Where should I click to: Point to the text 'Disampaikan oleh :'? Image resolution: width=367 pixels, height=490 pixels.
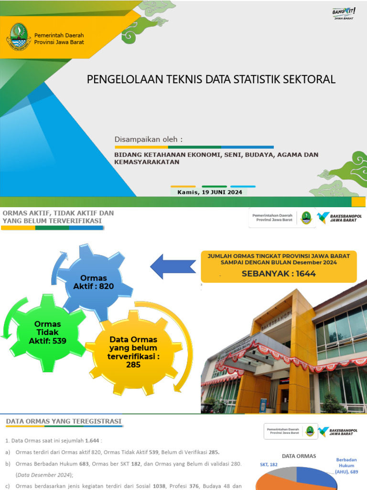[149, 139]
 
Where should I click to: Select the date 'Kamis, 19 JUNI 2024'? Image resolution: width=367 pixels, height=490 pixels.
[210, 192]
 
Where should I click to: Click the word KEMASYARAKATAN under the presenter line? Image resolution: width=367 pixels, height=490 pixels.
[147, 162]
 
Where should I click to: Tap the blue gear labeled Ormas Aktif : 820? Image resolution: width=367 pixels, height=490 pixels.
[94, 282]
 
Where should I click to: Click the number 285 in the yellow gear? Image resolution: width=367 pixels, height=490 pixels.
[133, 365]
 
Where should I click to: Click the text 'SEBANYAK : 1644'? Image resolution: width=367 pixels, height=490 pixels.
[279, 274]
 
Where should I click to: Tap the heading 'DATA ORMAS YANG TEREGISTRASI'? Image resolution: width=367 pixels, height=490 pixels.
[64, 422]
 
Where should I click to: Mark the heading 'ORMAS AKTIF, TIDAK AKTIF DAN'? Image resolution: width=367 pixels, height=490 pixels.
[58, 212]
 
